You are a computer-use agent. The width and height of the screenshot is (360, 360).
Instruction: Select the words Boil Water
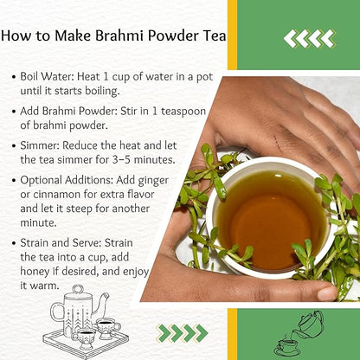(x=48, y=77)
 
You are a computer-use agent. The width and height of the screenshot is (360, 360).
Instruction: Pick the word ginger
(x=153, y=181)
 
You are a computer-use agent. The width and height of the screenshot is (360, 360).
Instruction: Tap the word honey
(x=32, y=272)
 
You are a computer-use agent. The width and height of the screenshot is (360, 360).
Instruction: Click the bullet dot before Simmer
(x=14, y=146)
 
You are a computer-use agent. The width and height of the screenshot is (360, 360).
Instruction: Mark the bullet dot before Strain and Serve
(x=14, y=243)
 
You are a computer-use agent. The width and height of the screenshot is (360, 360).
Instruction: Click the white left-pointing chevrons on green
(x=310, y=39)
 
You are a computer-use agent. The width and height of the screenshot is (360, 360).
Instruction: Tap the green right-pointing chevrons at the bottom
(x=182, y=333)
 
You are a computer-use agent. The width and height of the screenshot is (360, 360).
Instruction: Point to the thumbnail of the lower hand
(x=327, y=293)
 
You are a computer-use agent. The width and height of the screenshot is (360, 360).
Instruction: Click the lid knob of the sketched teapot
(x=78, y=289)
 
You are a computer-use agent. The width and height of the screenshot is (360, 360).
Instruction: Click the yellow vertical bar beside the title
(x=232, y=35)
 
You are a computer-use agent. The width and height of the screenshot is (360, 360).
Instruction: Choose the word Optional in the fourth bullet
(x=42, y=181)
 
